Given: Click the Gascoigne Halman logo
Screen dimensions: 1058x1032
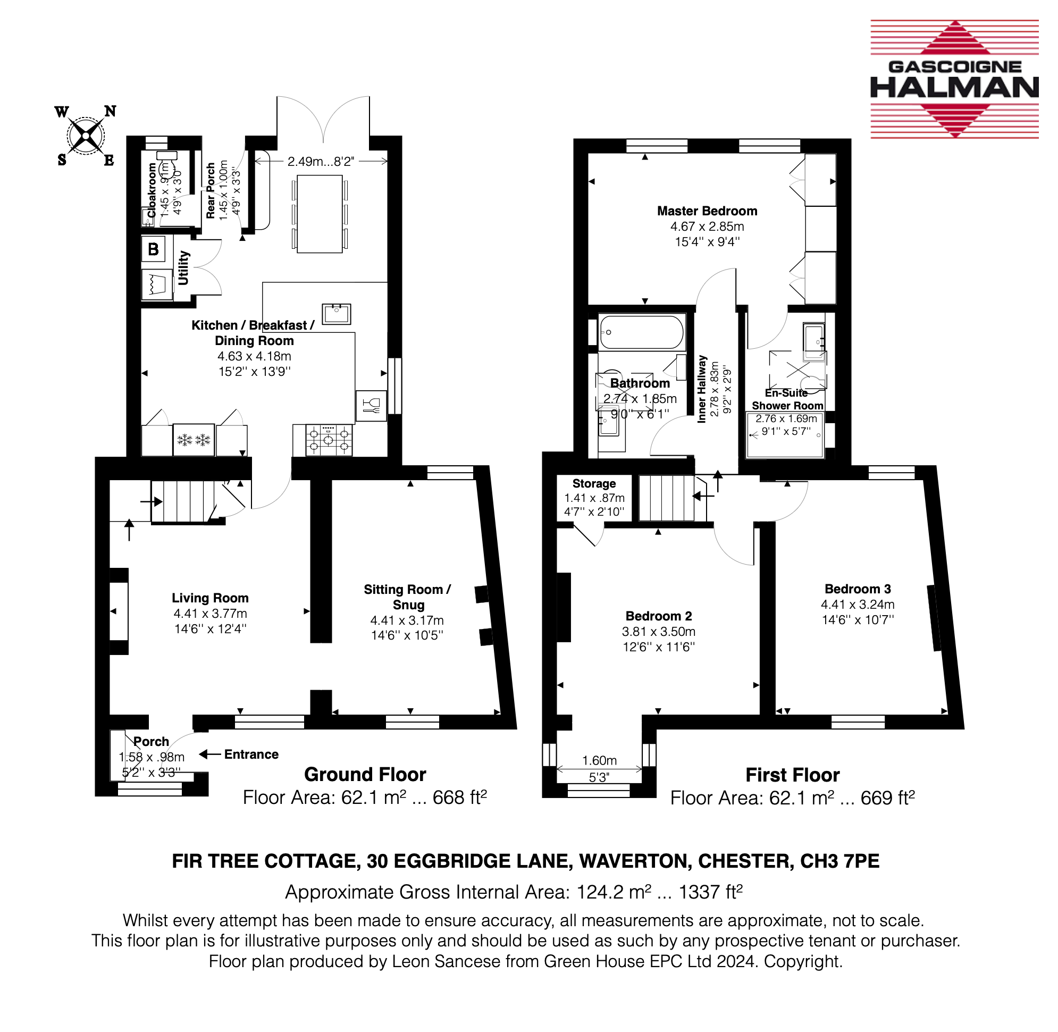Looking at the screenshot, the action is (x=954, y=79).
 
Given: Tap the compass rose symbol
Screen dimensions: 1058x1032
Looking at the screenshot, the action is (x=86, y=136).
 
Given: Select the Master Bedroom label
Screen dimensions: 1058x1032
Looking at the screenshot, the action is (x=707, y=211).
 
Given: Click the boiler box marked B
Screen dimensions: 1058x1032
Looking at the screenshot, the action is (x=154, y=249).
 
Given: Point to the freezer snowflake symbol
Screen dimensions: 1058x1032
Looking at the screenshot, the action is (x=194, y=440).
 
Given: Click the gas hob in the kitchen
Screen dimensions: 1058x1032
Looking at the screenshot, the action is (x=329, y=440).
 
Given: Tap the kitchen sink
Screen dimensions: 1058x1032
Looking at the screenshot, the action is (x=336, y=314).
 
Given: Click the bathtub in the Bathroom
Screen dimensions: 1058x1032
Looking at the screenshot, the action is (x=641, y=332).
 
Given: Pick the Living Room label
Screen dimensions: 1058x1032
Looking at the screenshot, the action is (x=211, y=598).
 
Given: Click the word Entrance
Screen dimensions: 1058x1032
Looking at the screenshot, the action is (x=251, y=754).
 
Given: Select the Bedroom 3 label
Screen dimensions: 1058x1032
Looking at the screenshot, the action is (x=858, y=589).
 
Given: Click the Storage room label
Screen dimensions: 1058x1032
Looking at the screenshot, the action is (x=594, y=483).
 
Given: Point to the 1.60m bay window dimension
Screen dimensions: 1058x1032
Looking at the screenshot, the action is (x=600, y=760).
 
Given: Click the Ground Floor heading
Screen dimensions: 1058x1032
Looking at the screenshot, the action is (x=365, y=775).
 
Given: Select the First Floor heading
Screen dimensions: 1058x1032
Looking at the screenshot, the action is (x=792, y=775).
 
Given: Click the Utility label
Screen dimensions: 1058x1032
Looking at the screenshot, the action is (x=184, y=268).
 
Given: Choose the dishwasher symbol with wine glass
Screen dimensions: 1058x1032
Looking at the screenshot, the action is (x=371, y=406).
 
